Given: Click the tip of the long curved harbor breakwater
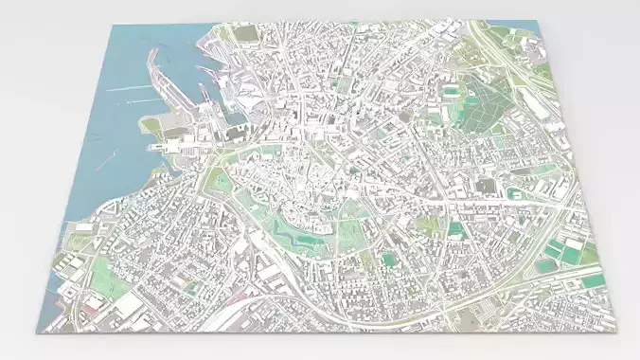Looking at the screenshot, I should pyautogui.click(x=149, y=48).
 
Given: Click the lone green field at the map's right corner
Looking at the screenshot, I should pyautogui.click(x=592, y=281).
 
